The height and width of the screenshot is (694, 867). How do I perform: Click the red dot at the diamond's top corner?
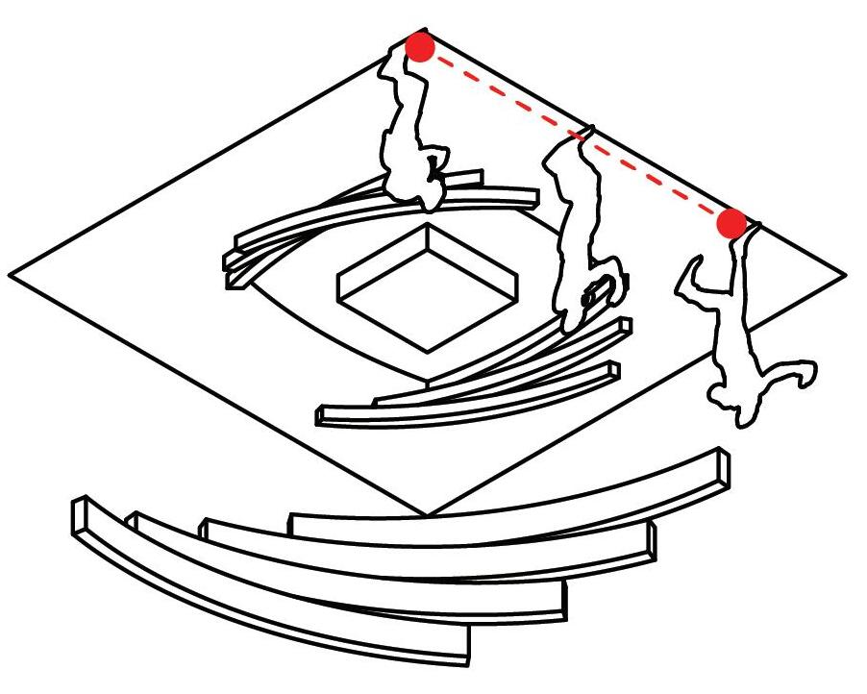[x=420, y=46]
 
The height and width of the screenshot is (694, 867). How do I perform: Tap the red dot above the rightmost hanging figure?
[x=731, y=223]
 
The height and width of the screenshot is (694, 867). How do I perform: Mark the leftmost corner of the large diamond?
[x=10, y=277]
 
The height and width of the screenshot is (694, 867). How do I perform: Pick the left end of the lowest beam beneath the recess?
[x=323, y=415]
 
